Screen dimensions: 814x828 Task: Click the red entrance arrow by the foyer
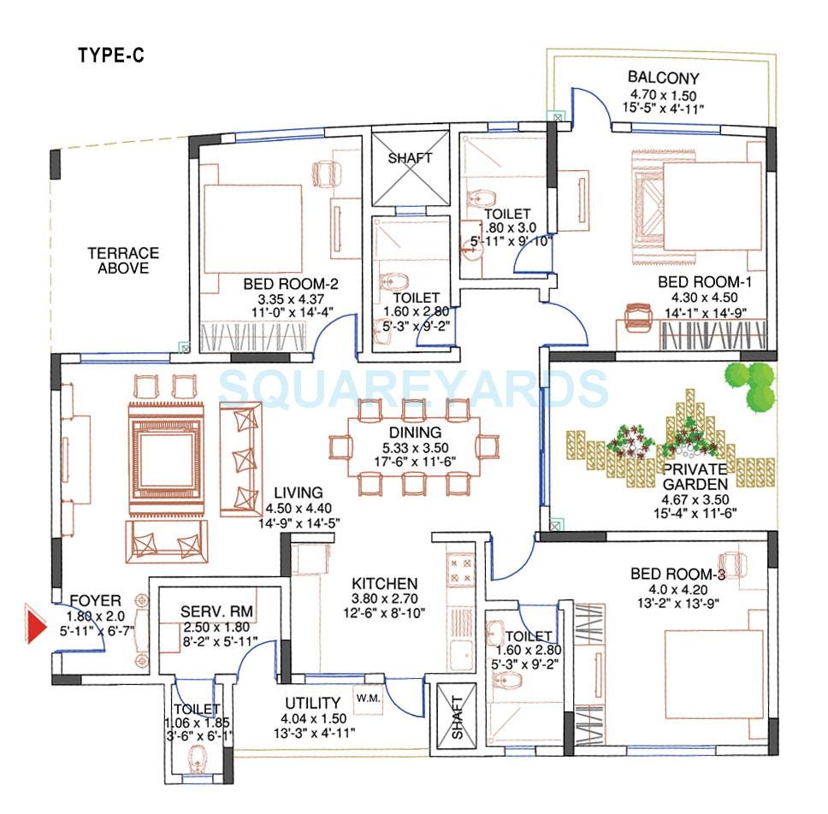[x=33, y=623]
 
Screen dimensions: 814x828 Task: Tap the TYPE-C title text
[x=111, y=56]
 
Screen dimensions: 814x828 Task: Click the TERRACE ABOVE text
[x=123, y=261]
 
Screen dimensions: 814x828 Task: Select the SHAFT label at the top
[x=411, y=158]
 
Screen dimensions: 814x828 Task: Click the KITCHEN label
[x=385, y=584]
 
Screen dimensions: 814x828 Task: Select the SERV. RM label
[x=216, y=612]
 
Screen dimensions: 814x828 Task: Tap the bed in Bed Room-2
[x=253, y=228]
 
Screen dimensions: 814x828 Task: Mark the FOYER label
[x=95, y=600]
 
